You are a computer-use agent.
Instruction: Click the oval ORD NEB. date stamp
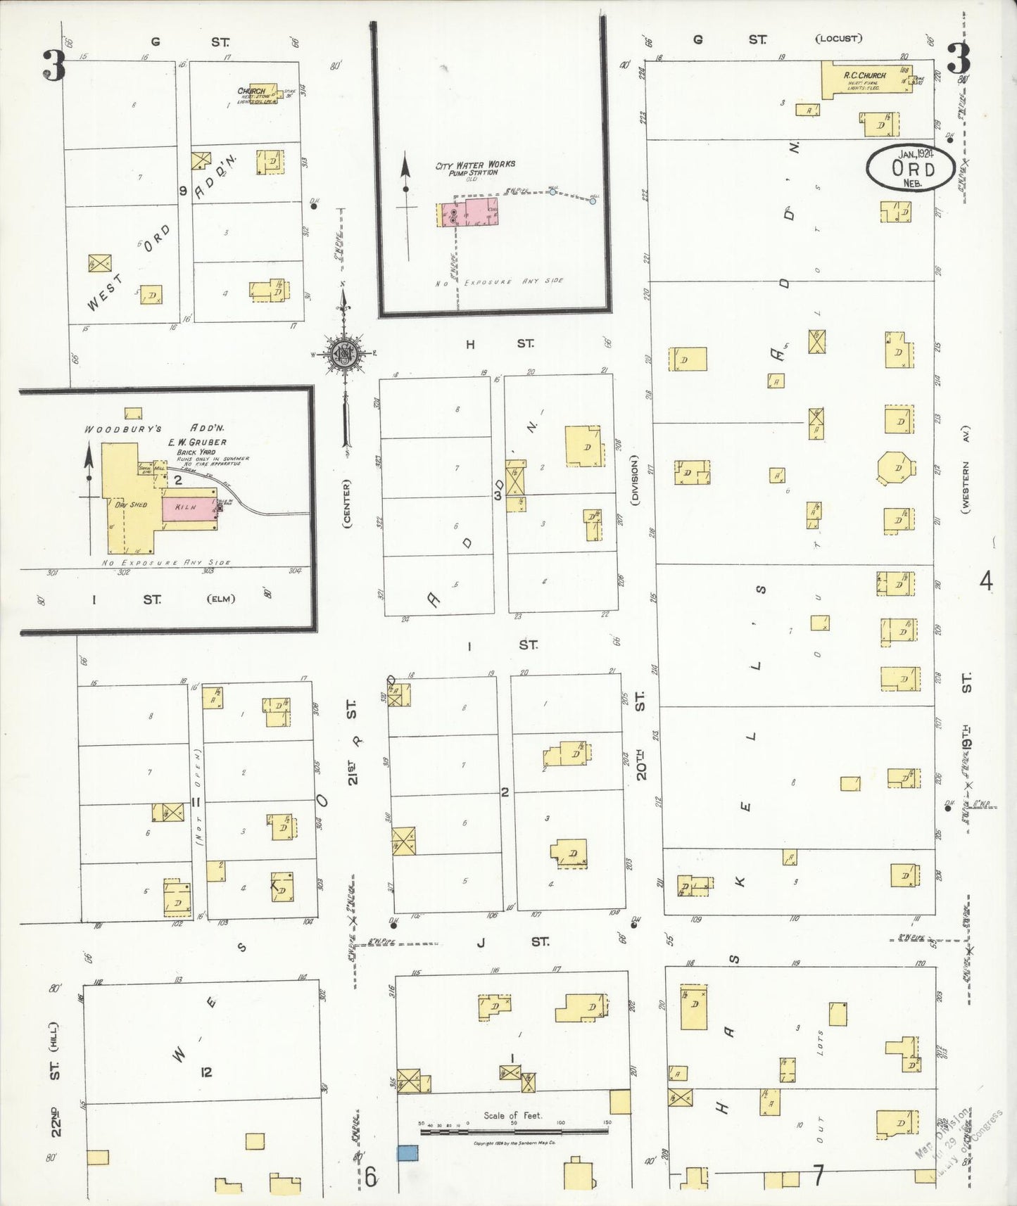coord(910,169)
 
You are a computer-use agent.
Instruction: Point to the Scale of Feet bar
coord(514,1131)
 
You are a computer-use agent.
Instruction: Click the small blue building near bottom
coord(408,1153)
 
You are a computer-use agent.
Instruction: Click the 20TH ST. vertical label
coord(640,735)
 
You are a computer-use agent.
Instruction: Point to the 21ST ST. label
coord(352,742)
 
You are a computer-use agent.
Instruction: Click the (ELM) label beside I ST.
coord(221,599)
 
